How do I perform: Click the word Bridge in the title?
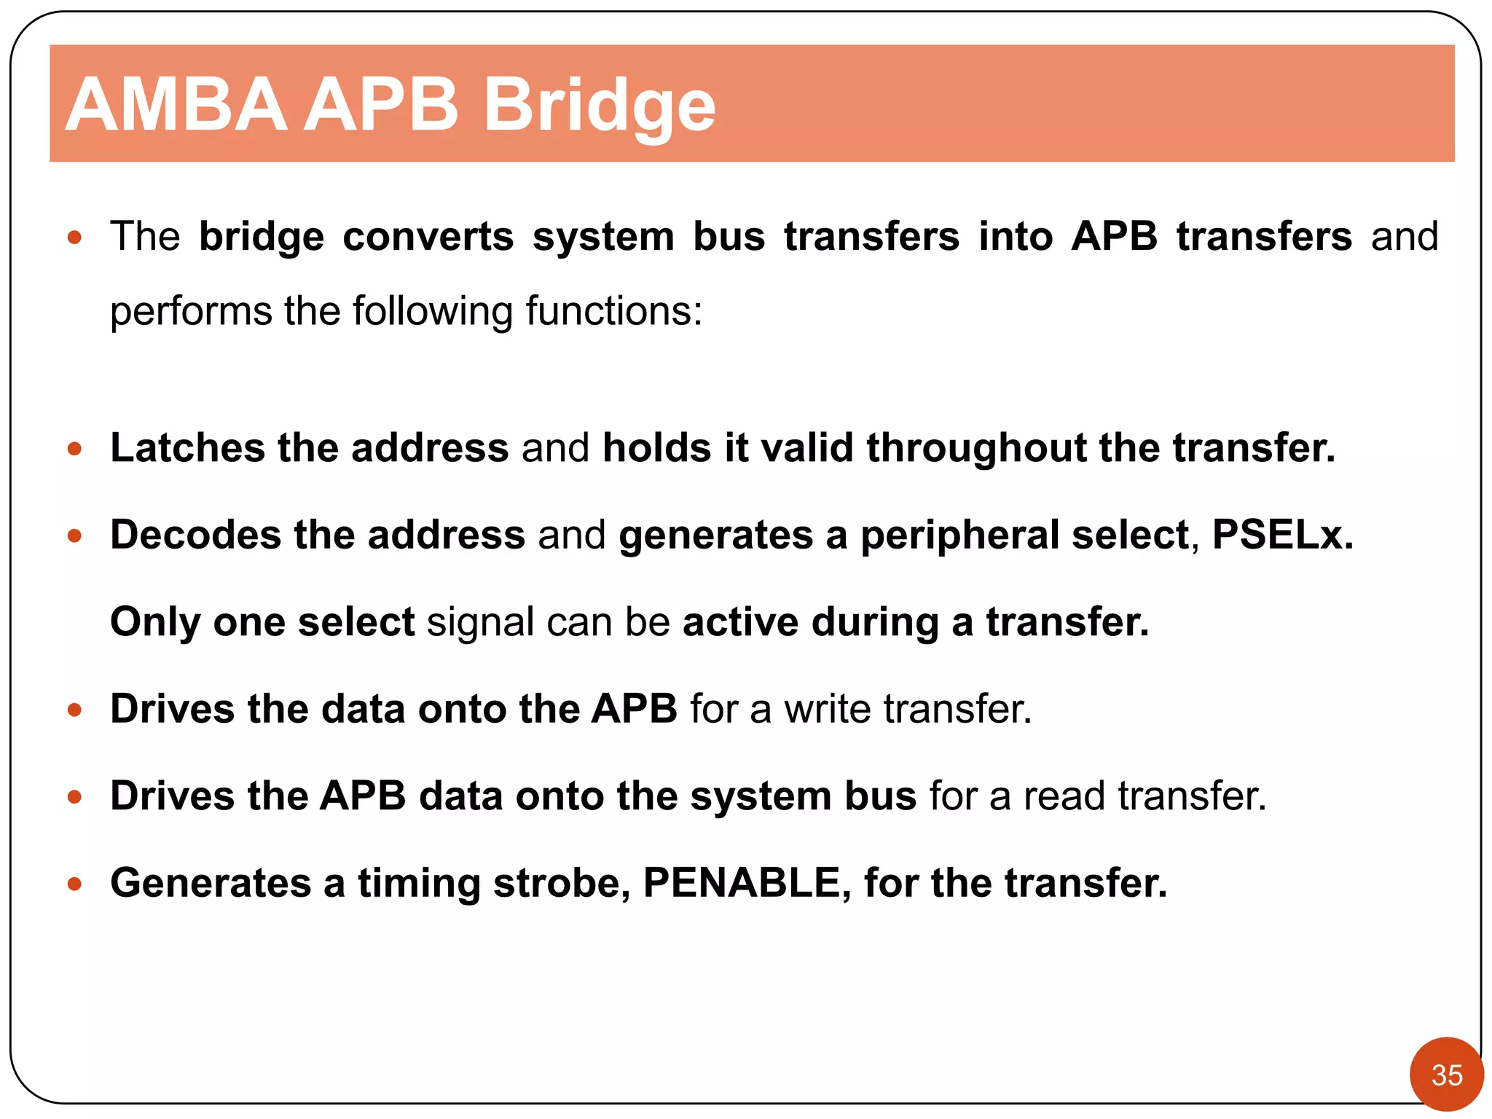599,106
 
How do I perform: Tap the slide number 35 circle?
1446,1075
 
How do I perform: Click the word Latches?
187,447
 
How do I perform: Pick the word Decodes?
195,535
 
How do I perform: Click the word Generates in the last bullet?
211,883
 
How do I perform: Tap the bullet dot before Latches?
74,449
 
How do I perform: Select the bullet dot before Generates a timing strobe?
74,884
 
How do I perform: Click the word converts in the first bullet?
428,237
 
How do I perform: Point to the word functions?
613,311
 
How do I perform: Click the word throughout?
976,447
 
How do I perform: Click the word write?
827,709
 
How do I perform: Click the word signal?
480,624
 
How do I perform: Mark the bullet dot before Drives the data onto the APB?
74,710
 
